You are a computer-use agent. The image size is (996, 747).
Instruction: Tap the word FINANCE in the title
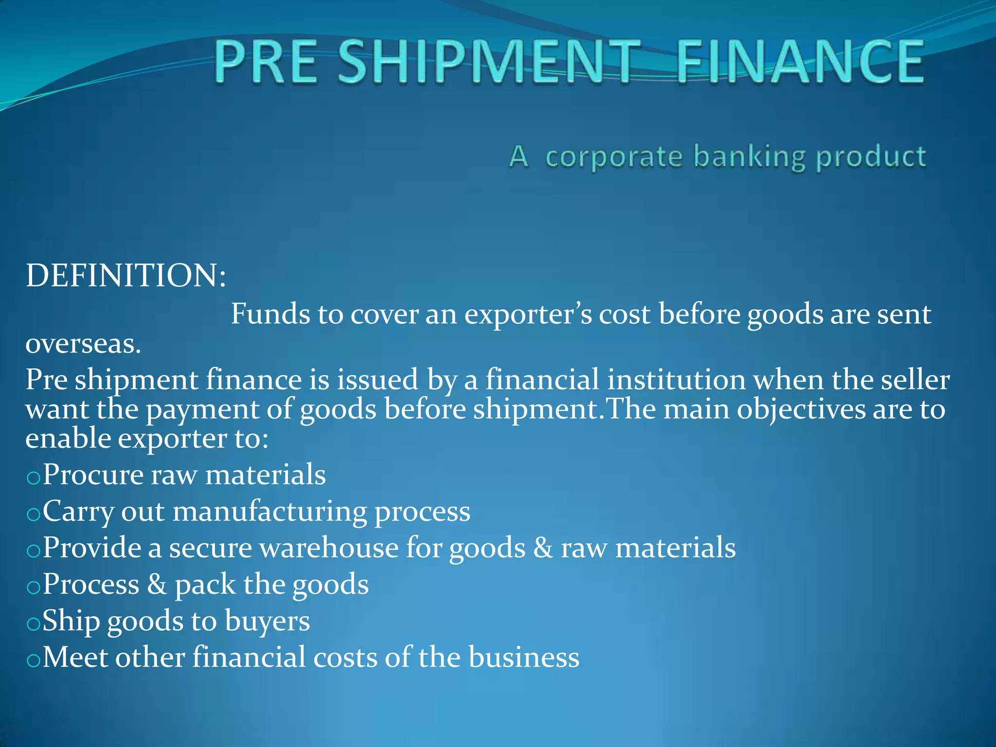coord(800,62)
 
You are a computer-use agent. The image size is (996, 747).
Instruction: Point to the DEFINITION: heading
coord(126,276)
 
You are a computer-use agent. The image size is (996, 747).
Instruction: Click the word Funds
coord(270,314)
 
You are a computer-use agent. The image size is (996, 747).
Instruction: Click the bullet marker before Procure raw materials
coord(33,478)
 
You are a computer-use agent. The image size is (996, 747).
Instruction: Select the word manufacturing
coord(270,512)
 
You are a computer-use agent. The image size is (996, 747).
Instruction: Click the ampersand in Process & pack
coord(157,585)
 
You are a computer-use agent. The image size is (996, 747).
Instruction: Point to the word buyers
coord(267,622)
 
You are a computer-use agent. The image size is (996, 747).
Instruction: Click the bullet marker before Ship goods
coord(33,624)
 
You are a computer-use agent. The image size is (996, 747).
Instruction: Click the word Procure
coord(93,475)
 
